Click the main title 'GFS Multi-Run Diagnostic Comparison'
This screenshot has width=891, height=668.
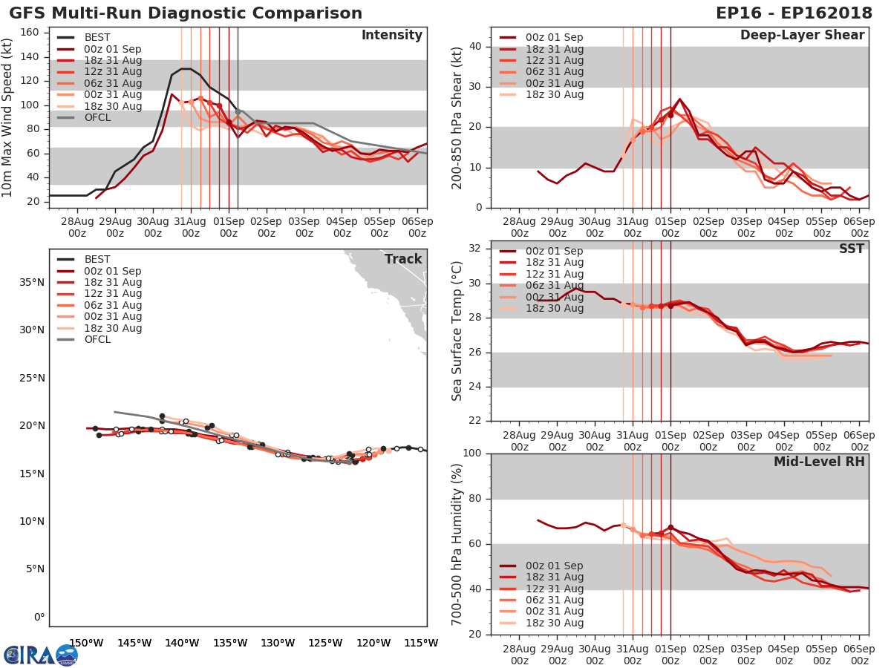pyautogui.click(x=186, y=13)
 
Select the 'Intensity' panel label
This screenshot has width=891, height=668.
pyautogui.click(x=391, y=36)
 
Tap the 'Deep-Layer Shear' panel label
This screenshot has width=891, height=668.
pyautogui.click(x=802, y=36)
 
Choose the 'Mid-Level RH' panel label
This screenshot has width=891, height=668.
pyautogui.click(x=819, y=462)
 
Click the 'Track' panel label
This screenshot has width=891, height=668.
pyautogui.click(x=403, y=259)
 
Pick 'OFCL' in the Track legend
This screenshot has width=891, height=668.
pyautogui.click(x=97, y=340)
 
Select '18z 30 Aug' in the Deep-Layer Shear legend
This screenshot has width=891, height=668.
pyautogui.click(x=554, y=94)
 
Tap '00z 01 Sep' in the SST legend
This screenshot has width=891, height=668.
pyautogui.click(x=554, y=251)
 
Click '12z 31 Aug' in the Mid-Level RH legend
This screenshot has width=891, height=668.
pyautogui.click(x=554, y=589)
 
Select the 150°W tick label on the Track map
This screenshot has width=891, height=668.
pyautogui.click(x=85, y=643)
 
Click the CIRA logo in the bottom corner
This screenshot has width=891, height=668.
pyautogui.click(x=41, y=655)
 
